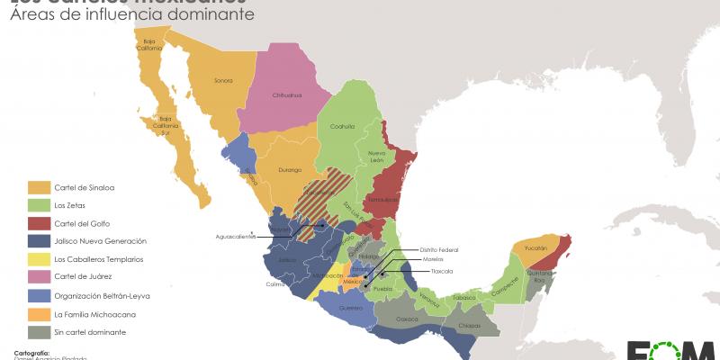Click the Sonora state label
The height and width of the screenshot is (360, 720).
coord(223,81)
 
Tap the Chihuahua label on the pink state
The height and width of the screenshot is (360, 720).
coord(288,94)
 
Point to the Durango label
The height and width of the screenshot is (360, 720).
coord(289,168)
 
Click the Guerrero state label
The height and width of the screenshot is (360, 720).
coord(351,308)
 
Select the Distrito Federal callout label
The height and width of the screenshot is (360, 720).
coord(438,249)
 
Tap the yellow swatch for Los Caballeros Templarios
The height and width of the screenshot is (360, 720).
coord(38,259)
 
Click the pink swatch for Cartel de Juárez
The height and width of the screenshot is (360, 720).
coord(38,277)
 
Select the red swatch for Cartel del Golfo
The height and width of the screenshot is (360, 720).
coord(38,223)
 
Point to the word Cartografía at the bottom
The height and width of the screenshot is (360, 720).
coord(32,353)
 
